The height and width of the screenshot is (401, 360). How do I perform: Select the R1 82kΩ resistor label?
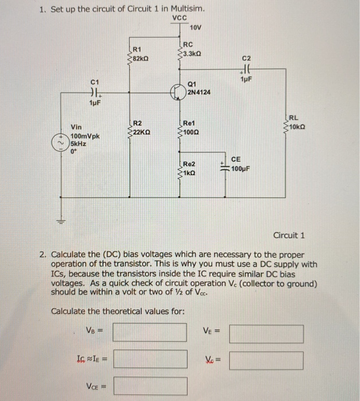141,53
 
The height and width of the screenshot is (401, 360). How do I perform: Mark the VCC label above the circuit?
179,18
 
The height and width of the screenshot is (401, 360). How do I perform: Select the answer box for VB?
150,332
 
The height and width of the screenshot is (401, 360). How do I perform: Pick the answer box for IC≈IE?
150,359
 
